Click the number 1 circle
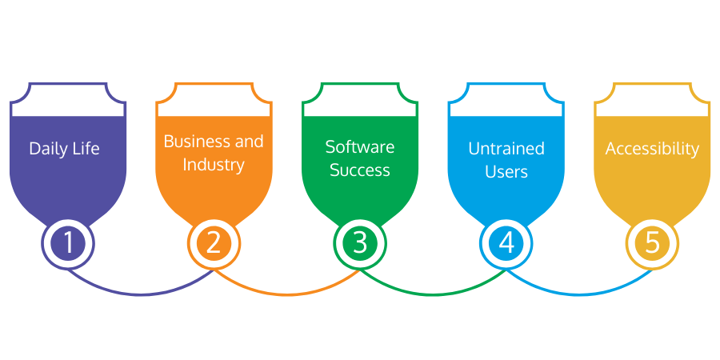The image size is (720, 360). click(x=68, y=242)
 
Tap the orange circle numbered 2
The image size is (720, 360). click(x=214, y=242)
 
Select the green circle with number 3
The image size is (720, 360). click(x=360, y=242)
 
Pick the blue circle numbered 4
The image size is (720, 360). click(x=506, y=242)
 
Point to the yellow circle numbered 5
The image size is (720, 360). click(x=652, y=242)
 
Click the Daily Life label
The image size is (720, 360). click(x=64, y=148)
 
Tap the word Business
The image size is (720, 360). click(x=187, y=142)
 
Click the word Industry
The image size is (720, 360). click(x=213, y=165)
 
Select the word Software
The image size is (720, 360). click(x=359, y=147)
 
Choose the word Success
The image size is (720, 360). click(x=359, y=170)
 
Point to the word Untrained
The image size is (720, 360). click(x=506, y=148)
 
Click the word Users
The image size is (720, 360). click(x=506, y=170)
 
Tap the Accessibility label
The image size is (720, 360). click(x=652, y=149)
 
